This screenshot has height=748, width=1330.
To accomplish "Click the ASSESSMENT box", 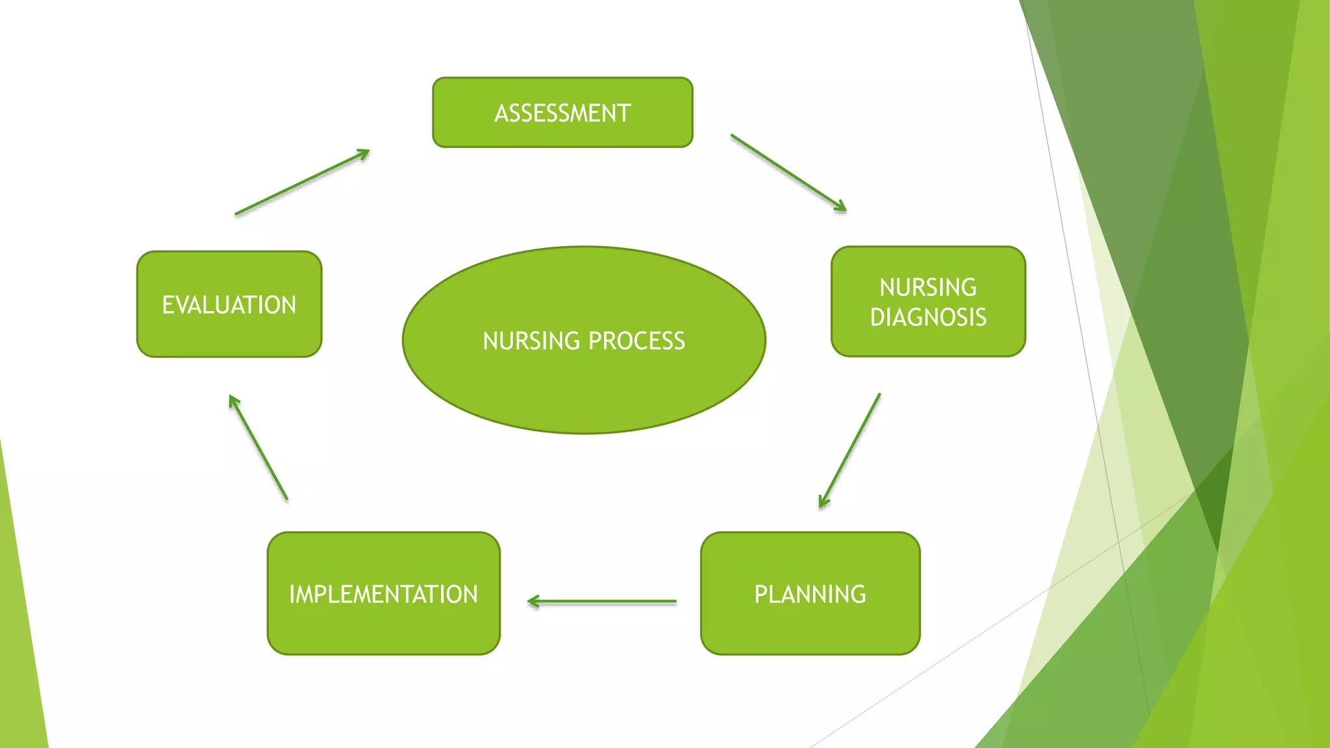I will click(562, 112).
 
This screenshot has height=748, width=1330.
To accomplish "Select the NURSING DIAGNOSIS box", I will click(928, 301).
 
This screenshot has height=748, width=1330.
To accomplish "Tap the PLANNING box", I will click(810, 593).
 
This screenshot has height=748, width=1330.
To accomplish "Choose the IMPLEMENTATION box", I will click(383, 593).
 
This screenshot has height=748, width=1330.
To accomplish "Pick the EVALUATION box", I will click(229, 304).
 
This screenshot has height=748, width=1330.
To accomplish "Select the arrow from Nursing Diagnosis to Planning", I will click(850, 450).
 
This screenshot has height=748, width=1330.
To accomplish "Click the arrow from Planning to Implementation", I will click(602, 602).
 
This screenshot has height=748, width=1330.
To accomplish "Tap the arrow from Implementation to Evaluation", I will click(258, 447).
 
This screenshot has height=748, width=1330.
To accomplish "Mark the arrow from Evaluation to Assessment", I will click(302, 182).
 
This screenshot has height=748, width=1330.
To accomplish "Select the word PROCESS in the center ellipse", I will click(636, 341).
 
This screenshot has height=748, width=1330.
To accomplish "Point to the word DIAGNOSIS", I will click(928, 318).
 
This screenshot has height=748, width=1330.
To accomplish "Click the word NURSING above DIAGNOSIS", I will click(928, 287).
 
